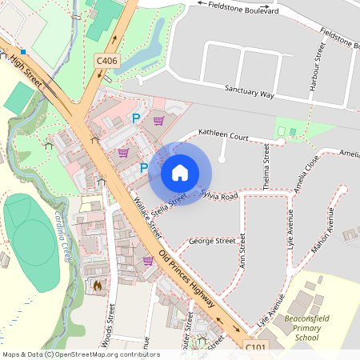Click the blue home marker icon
coord(180,172)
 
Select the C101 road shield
coord(255,345)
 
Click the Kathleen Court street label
coord(224,137)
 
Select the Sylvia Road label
coord(220,196)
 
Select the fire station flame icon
coord(98,285)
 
